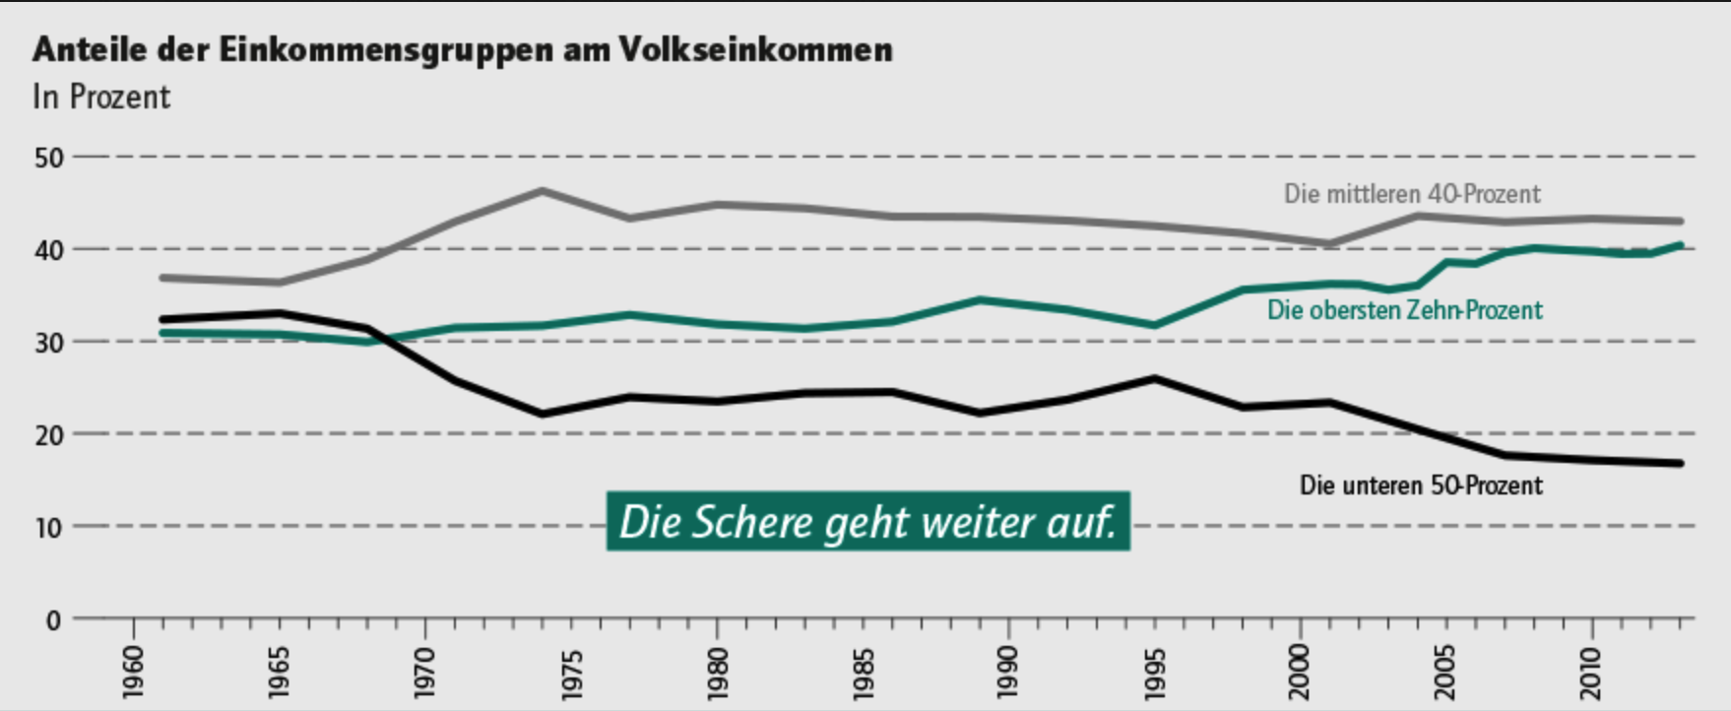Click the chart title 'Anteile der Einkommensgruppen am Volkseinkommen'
[x=462, y=49]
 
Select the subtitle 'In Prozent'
[x=101, y=97]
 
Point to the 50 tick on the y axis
[x=48, y=158]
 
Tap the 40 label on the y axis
[x=48, y=250]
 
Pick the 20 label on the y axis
[x=48, y=434]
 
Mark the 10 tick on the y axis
[x=48, y=527]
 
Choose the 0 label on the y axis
[x=53, y=620]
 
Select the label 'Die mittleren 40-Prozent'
[x=1412, y=194]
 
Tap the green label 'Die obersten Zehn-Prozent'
[x=1404, y=310]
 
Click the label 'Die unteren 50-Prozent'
[x=1421, y=485]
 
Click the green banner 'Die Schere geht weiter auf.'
[x=867, y=522]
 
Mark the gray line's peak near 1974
[x=543, y=190]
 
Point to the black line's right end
[x=1680, y=463]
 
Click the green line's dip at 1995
[x=1154, y=325]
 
